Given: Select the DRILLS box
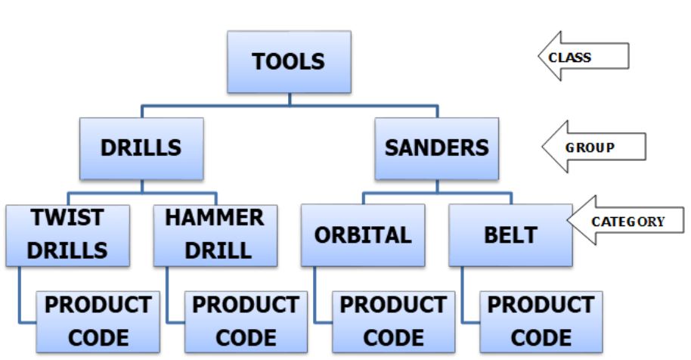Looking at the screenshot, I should coord(141,148).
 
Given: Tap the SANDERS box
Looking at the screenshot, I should coord(437,148).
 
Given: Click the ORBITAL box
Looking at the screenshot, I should coord(363,235).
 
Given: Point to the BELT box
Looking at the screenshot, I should coord(510,235).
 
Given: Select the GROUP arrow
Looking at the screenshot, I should coord(593,147).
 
